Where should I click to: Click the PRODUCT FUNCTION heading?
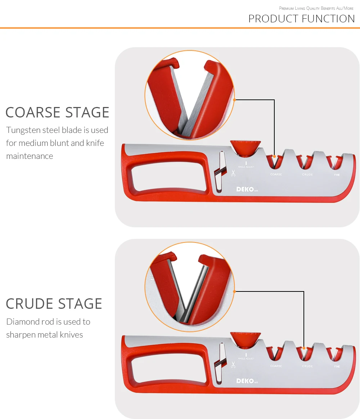click(301, 19)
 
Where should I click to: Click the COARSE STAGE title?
click(57, 112)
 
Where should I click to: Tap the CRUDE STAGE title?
click(54, 304)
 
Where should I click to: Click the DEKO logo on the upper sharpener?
click(245, 189)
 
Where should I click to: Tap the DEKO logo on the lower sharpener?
click(245, 381)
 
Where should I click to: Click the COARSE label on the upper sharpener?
click(276, 174)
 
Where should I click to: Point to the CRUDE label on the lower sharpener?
click(307, 366)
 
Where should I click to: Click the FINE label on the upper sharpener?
click(337, 175)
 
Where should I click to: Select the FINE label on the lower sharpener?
click(337, 366)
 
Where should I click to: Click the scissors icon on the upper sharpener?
click(233, 173)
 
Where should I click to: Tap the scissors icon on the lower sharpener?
click(233, 365)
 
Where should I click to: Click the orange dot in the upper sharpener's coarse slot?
click(274, 156)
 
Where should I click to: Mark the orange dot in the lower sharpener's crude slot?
click(304, 348)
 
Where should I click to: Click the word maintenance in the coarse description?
click(30, 156)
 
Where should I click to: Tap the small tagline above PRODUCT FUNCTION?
click(316, 8)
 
